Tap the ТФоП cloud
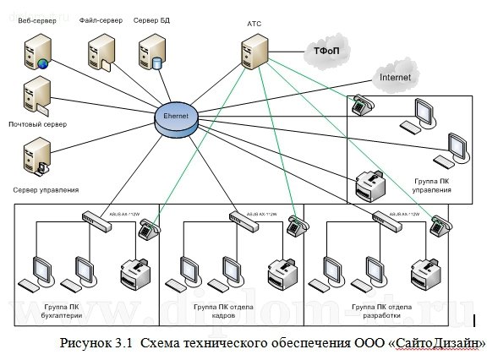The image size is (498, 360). tap(326, 52)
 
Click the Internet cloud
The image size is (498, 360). tap(395, 78)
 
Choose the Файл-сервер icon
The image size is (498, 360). tap(98, 50)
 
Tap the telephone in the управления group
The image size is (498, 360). tap(361, 104)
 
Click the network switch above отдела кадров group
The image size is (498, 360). tap(242, 215)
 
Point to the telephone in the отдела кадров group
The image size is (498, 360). tap(293, 224)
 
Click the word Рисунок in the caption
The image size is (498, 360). tap(85, 344)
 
